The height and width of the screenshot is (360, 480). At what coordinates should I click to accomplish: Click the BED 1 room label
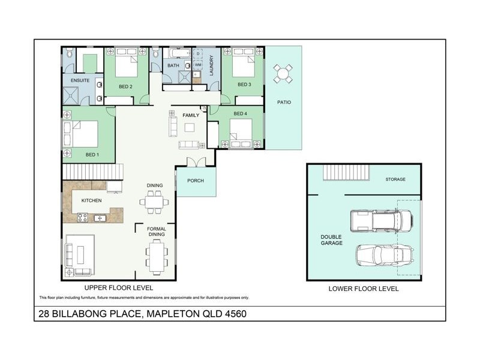click(92, 155)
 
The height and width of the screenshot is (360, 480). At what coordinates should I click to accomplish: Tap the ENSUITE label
click(80, 80)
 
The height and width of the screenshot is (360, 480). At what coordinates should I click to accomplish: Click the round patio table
click(284, 74)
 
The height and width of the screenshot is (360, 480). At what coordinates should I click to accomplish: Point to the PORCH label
click(196, 181)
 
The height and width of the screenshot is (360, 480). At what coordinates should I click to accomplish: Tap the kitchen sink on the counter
click(99, 217)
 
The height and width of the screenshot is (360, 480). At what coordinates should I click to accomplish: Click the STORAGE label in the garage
click(395, 179)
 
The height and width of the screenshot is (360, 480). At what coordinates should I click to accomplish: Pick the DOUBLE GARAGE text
click(331, 240)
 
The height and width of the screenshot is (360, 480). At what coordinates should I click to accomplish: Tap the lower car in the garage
click(384, 254)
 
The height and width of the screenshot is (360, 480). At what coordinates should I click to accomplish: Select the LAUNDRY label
click(211, 65)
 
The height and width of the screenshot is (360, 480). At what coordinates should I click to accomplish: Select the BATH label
click(173, 65)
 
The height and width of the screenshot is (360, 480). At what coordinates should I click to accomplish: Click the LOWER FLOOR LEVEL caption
click(364, 289)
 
